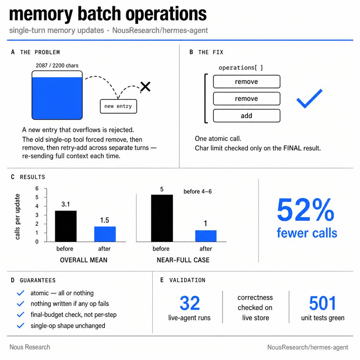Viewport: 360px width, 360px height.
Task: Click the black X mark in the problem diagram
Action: point(146,86)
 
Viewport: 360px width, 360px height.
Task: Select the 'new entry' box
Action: point(118,106)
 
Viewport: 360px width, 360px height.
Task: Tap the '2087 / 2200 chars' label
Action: point(57,65)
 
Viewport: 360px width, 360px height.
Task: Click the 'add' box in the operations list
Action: point(246,116)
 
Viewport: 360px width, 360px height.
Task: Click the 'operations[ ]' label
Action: point(241,68)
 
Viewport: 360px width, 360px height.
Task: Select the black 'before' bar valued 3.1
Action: point(66,226)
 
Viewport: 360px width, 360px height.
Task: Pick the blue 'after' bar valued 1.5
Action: point(105,234)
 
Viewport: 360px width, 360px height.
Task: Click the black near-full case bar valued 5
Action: point(162,218)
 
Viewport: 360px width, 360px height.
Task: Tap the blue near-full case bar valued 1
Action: point(206,236)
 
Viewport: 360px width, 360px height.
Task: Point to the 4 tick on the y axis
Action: point(37,206)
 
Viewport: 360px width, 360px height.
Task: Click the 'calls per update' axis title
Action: point(18,217)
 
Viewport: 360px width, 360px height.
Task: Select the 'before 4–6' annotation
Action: point(198,192)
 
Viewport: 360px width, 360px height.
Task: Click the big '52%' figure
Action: point(306,210)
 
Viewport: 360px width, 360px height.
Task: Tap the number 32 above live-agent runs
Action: point(189,303)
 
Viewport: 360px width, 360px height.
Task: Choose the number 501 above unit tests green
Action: point(323,303)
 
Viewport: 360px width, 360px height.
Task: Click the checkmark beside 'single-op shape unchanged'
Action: point(21,326)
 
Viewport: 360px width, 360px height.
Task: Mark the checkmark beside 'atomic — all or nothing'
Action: point(21,293)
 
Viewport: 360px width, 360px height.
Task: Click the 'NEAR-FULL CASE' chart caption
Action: point(183,260)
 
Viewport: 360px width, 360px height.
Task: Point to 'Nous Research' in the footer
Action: point(30,347)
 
